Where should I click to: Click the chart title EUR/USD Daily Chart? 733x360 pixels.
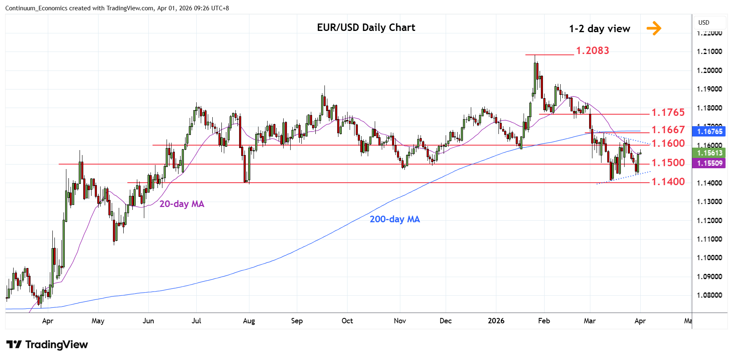366,28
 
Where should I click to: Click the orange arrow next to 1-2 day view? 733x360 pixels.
654,28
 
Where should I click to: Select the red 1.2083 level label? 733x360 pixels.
592,51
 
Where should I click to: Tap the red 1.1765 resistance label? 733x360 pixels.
667,112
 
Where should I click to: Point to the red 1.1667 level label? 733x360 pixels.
667,130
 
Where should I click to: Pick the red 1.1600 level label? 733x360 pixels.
667,144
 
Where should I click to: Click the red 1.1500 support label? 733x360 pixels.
667,163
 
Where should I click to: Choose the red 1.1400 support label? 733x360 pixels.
667,182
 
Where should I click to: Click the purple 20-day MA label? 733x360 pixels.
182,204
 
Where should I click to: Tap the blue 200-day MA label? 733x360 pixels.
395,219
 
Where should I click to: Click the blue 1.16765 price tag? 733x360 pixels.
710,132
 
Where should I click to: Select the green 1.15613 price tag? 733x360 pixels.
710,153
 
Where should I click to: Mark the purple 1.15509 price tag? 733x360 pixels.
710,163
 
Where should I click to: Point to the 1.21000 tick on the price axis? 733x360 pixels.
709,52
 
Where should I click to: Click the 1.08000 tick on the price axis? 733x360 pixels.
709,295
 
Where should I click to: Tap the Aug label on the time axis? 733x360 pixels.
249,321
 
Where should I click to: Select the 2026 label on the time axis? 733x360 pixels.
496,321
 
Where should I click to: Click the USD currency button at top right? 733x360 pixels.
704,23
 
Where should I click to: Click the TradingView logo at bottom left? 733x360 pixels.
47,345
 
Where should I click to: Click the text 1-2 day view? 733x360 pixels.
599,29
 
